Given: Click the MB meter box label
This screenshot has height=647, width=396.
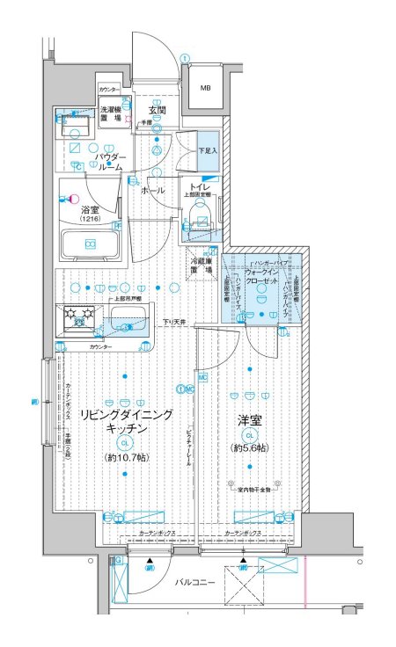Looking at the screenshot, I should point(204,88).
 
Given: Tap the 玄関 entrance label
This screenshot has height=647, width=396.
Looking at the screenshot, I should point(157,110).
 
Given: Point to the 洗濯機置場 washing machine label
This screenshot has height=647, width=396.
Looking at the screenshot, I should point(110,115).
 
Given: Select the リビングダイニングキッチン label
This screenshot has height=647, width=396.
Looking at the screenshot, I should point(125,420).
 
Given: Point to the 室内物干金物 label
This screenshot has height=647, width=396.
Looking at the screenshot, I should point(254,488).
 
